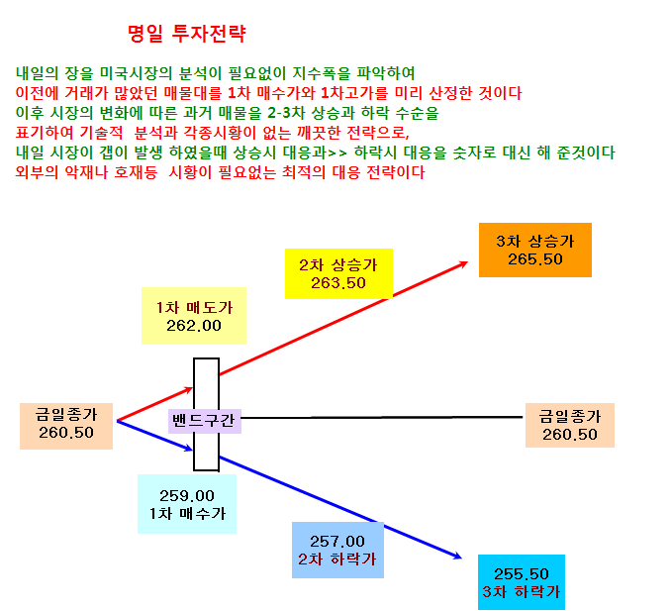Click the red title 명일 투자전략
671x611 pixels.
tap(187, 34)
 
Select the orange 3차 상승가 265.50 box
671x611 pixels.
tap(534, 251)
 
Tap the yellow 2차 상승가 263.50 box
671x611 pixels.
tap(338, 273)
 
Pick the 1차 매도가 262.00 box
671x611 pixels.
tap(194, 316)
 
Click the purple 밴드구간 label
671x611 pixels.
tap(205, 421)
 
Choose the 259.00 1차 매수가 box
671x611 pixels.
tap(187, 504)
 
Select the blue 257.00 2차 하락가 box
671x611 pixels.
tap(337, 551)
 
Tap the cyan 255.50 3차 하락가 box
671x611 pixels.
tap(522, 582)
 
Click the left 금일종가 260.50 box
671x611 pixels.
tap(66, 426)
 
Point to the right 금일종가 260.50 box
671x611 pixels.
tap(570, 425)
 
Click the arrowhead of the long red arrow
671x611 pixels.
tap(464, 263)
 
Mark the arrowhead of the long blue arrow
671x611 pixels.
tap(458, 557)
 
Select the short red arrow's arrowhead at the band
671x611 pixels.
tap(189, 389)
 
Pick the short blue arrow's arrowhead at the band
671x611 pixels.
tap(189, 449)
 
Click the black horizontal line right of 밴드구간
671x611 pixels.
tap(382, 417)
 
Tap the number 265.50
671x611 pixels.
tap(534, 259)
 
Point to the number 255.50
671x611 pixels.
tap(522, 574)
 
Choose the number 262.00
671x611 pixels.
tap(194, 326)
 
